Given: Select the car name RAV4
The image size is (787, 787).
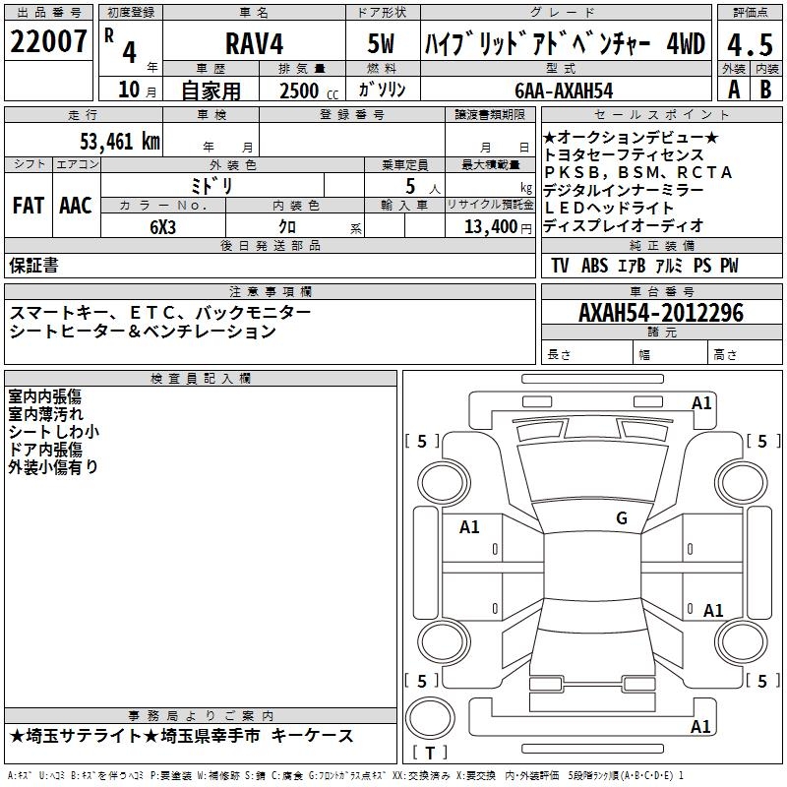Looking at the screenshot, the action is click(x=253, y=43).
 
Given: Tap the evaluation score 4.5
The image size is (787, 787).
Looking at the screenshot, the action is click(x=748, y=43).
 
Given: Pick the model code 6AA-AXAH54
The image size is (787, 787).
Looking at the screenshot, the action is click(x=564, y=90).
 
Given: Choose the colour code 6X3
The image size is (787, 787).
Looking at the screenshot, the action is click(x=163, y=226).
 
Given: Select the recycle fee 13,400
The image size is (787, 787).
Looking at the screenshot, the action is click(x=488, y=227).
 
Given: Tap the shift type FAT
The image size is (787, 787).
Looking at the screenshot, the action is click(x=29, y=206).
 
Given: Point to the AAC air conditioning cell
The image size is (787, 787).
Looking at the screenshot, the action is click(x=76, y=206).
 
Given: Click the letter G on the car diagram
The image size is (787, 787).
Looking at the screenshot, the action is click(x=622, y=518).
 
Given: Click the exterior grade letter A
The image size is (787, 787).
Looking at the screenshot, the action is click(x=733, y=90).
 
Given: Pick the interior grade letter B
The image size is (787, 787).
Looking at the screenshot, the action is click(x=765, y=90).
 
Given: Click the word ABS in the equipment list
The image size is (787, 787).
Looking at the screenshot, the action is click(x=594, y=267).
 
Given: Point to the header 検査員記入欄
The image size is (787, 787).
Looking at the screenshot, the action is click(x=201, y=379).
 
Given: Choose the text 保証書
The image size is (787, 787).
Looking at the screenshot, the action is click(x=33, y=266).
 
